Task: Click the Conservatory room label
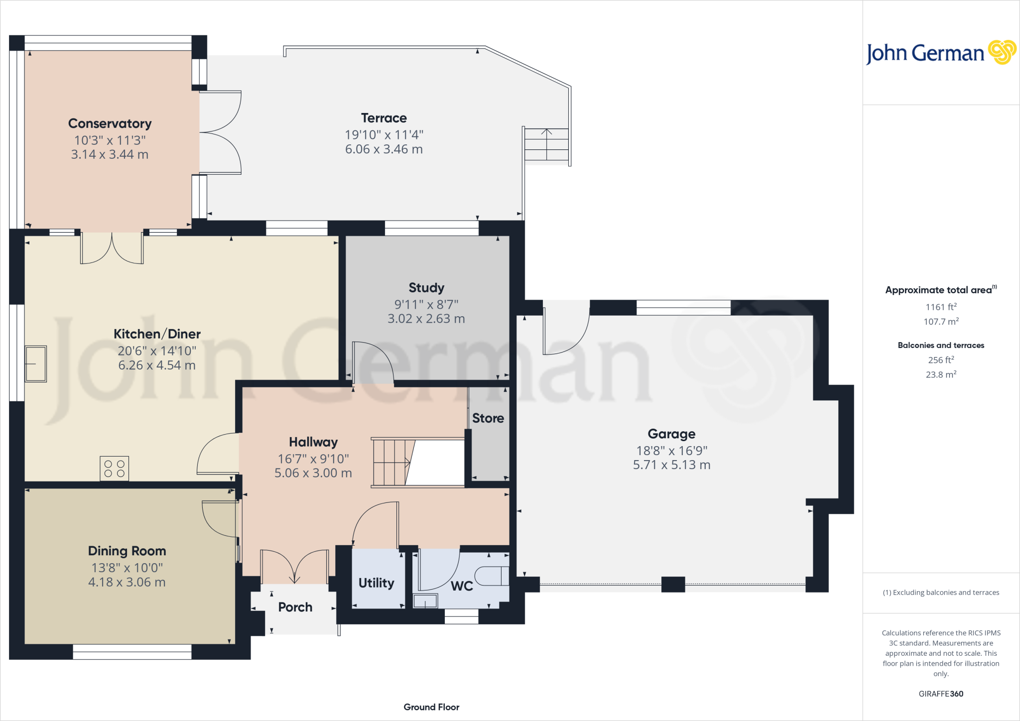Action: coord(110,123)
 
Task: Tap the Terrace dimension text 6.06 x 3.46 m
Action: coord(383,149)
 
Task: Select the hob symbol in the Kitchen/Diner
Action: coord(114,469)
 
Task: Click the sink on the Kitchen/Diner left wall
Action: coord(36,363)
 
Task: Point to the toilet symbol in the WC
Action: coord(492,576)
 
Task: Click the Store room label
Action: coord(488,418)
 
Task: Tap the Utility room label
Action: coord(376,583)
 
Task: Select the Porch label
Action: coord(295,607)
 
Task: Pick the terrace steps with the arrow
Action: coord(546,144)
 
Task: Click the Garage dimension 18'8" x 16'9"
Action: coord(671,451)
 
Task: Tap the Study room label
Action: coord(426,288)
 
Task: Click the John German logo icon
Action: coord(1002,52)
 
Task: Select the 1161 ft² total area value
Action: coord(941,307)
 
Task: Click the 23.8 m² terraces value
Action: coord(941,374)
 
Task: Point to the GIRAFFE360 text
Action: coord(941,694)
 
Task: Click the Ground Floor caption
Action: coord(431,707)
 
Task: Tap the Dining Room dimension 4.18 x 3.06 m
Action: coord(127,582)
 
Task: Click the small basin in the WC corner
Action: coord(425,601)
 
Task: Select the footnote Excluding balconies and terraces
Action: coord(941,593)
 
